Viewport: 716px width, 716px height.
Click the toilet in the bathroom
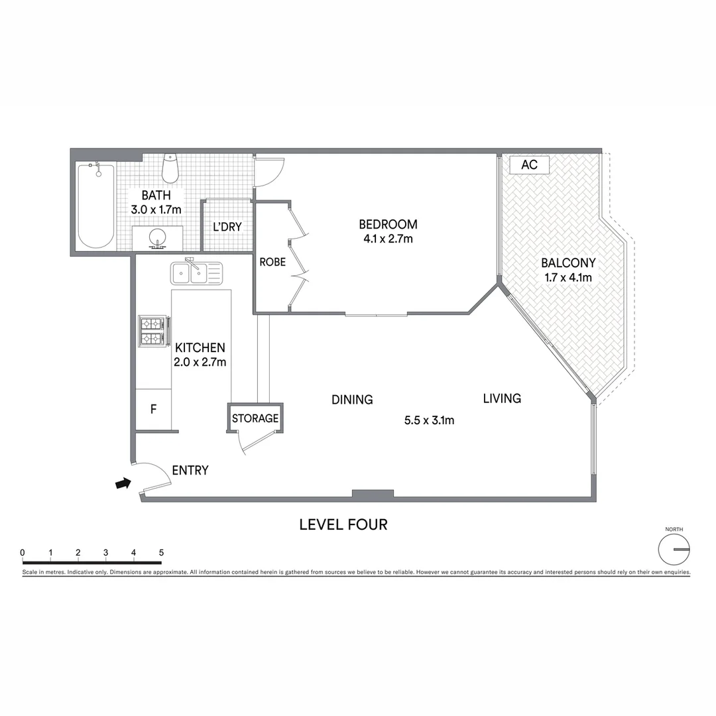tap(170, 168)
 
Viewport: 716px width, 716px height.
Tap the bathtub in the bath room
tap(96, 206)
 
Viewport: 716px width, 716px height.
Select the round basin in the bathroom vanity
tap(158, 237)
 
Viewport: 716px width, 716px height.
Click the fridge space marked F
tap(153, 409)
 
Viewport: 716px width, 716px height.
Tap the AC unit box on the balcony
tap(529, 165)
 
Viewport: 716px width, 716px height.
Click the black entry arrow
tap(122, 484)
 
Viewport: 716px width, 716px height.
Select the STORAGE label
tap(255, 418)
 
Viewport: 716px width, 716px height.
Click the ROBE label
tap(272, 262)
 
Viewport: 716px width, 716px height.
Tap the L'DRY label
tap(227, 227)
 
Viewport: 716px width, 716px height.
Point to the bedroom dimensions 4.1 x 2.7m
tap(388, 239)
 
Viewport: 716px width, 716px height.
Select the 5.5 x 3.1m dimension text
tap(429, 420)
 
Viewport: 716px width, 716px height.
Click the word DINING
tap(352, 400)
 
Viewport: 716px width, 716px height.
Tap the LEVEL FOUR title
tap(343, 524)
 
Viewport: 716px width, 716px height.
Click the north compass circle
tap(674, 550)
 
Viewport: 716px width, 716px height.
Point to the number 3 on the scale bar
tap(106, 552)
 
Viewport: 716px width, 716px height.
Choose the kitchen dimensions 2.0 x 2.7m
tap(200, 362)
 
